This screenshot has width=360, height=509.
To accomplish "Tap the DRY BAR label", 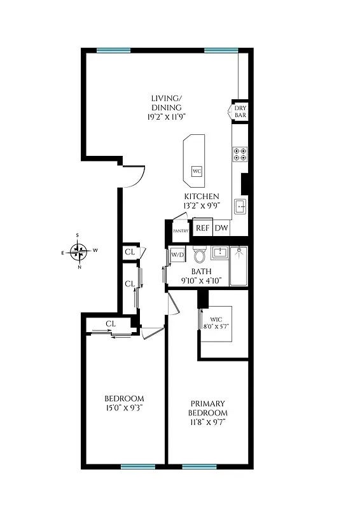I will [x=240, y=113].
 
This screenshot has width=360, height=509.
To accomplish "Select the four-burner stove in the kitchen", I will [x=240, y=153].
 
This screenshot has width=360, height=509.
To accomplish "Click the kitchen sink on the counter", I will [x=240, y=206].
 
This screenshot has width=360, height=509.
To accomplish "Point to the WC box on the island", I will [x=197, y=171].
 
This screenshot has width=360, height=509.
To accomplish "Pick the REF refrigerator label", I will [x=202, y=228].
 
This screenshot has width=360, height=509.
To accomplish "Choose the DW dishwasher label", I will [x=221, y=228].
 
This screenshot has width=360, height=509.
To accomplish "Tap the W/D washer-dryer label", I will [x=177, y=255].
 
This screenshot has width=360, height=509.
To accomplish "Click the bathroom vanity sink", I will [x=219, y=253].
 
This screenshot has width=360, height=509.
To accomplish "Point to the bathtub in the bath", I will [x=239, y=266].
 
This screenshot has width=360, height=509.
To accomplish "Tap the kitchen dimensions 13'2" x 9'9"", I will [x=202, y=206].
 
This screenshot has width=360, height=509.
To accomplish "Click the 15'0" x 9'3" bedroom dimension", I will [x=125, y=408].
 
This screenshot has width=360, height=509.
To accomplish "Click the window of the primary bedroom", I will [x=199, y=466].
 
